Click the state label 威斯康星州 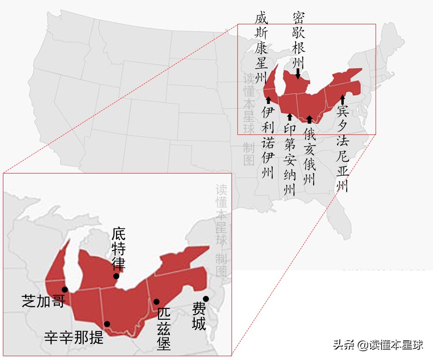pyautogui.click(x=261, y=47)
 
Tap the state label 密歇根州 pyautogui.click(x=298, y=40)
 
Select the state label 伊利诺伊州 pyautogui.click(x=268, y=142)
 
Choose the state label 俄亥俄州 pyautogui.click(x=310, y=155)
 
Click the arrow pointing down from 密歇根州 pyautogui.click(x=298, y=74)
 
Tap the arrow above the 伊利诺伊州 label pyautogui.click(x=268, y=100)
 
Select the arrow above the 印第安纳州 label pyautogui.click(x=289, y=116)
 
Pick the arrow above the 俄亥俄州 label pyautogui.click(x=309, y=119)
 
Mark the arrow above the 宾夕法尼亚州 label pyautogui.click(x=343, y=99)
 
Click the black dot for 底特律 pyautogui.click(x=116, y=276)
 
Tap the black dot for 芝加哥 pyautogui.click(x=64, y=289)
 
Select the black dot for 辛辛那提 pyautogui.click(x=107, y=324)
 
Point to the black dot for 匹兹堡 pyautogui.click(x=156, y=301)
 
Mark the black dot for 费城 pyautogui.click(x=206, y=298)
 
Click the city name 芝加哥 pyautogui.click(x=44, y=301)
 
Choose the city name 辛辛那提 pyautogui.click(x=74, y=337)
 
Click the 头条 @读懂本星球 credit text pyautogui.click(x=378, y=345)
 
